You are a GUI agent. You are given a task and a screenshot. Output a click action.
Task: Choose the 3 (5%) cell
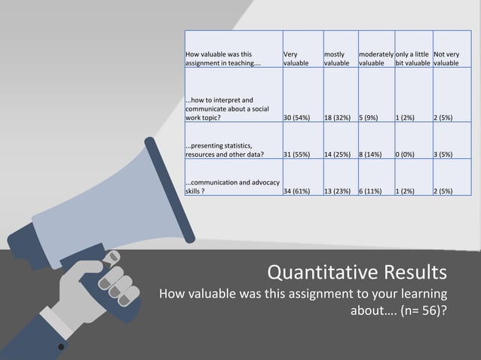(x=443, y=154)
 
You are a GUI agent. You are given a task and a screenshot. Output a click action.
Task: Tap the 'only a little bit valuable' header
(x=411, y=59)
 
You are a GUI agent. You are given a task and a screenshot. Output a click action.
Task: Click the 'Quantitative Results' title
(x=357, y=270)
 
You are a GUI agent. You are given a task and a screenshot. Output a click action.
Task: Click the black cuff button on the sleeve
(x=61, y=347)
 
